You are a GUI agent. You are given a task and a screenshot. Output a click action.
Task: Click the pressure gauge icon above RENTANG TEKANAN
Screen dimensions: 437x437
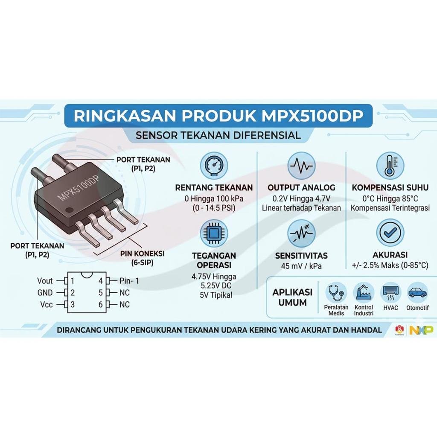tap(214, 166)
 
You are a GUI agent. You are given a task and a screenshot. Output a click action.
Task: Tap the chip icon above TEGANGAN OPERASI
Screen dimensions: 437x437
tap(214, 233)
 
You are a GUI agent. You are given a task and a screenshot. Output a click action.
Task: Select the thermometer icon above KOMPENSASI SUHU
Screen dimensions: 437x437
tap(390, 166)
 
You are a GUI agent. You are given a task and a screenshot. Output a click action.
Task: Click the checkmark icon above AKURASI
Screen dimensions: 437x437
tap(390, 233)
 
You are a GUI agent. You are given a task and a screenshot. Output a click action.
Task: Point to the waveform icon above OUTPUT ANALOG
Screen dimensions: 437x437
tap(301, 166)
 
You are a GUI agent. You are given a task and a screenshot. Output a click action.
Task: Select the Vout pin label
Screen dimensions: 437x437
tap(45, 281)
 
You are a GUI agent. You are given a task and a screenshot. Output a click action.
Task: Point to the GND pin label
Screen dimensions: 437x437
tap(45, 293)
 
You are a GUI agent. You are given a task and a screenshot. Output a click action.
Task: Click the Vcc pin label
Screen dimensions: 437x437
tap(46, 305)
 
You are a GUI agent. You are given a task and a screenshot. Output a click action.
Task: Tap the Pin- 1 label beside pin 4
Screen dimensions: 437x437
tap(129, 281)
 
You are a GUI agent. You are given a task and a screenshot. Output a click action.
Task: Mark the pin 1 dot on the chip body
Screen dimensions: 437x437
tap(69, 209)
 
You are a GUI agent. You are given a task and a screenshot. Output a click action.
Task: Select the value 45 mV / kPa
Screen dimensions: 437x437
tap(301, 266)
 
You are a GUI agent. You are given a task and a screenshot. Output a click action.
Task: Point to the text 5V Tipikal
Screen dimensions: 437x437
tap(216, 295)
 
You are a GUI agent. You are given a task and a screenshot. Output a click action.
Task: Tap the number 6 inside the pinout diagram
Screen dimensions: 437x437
tap(101, 305)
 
